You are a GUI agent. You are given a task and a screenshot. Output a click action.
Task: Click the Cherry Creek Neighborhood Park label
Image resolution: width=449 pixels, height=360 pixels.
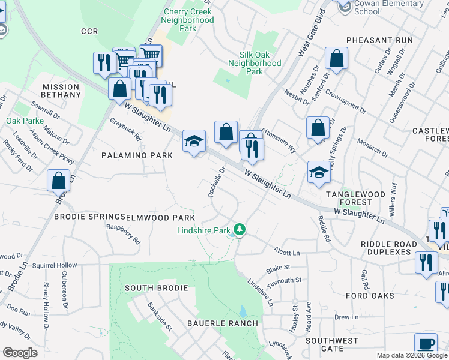[x=188, y=20]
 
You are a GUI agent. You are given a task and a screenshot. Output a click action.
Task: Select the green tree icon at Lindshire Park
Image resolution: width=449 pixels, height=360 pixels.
[x=240, y=229]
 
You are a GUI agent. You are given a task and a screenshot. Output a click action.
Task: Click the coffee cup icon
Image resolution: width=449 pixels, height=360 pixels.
[x=426, y=344]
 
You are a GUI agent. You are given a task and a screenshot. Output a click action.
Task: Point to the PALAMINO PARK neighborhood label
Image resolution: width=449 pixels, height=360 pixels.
[x=137, y=155]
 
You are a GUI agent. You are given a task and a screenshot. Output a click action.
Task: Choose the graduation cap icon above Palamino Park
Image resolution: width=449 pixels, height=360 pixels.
[x=194, y=142]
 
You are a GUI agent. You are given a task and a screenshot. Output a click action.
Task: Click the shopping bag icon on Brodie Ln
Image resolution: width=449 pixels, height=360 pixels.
[x=59, y=180]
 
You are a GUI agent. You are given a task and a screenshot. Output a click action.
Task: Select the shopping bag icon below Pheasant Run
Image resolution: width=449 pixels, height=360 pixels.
[x=337, y=59]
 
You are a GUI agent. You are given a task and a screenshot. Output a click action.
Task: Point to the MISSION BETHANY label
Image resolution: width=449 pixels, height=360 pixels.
[x=61, y=91]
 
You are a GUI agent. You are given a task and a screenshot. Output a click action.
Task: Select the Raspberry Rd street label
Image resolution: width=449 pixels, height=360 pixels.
[x=123, y=234]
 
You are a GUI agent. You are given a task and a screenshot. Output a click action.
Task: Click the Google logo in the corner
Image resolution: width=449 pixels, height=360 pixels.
[x=20, y=353]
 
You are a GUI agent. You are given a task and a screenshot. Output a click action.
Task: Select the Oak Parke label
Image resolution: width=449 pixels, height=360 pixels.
[x=22, y=121]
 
